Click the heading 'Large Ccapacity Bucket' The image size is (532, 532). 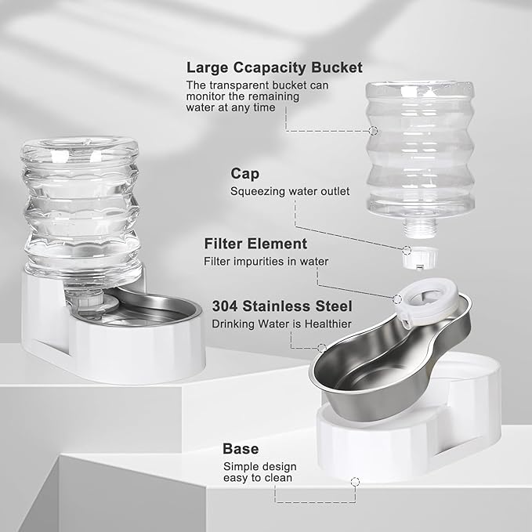pyautogui.click(x=274, y=67)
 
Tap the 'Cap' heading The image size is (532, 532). pyautogui.click(x=244, y=172)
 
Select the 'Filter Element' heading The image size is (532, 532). pyautogui.click(x=255, y=244)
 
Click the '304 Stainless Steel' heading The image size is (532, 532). pyautogui.click(x=282, y=306)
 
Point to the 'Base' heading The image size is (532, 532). pyautogui.click(x=241, y=449)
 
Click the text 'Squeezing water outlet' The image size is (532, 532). pyautogui.click(x=290, y=190)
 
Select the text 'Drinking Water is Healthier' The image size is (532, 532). pyautogui.click(x=281, y=324)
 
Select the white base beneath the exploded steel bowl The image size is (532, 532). pyautogui.click(x=423, y=439)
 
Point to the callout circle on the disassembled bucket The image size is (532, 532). pyautogui.click(x=373, y=132)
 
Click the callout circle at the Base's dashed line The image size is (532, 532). pyautogui.click(x=355, y=480)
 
